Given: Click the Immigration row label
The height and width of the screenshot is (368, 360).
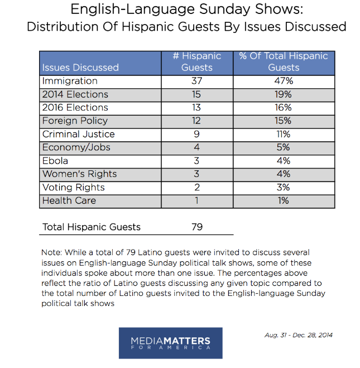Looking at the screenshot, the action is (70, 81).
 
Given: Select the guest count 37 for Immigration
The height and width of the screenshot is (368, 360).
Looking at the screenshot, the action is (196, 81).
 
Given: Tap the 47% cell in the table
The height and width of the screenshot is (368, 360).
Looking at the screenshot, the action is (284, 81).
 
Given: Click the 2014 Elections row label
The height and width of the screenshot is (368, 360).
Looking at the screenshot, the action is (75, 94).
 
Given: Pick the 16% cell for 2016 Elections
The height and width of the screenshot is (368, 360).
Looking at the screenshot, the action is (283, 107).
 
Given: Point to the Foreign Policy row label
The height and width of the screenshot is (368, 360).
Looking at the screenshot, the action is (75, 121).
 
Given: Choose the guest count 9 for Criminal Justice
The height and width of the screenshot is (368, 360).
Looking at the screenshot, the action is (196, 134).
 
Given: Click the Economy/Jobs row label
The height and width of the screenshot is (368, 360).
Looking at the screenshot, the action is (76, 147).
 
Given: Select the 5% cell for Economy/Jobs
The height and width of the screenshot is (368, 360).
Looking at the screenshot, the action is (283, 147).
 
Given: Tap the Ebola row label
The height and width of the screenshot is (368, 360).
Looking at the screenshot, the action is (55, 161).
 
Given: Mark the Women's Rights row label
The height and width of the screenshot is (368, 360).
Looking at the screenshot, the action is (79, 174).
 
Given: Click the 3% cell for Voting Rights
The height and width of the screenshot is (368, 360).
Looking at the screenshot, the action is (283, 187).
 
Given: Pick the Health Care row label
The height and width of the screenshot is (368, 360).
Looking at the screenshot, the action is (69, 200).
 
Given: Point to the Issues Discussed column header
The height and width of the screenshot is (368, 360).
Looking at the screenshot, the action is (80, 68).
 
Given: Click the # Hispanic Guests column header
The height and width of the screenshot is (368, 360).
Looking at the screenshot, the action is (197, 62).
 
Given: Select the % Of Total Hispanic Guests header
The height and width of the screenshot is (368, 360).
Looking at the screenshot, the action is (284, 62).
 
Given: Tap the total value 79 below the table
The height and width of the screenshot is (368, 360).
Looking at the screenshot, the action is (197, 227).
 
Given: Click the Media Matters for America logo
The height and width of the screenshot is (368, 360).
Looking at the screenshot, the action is (170, 343).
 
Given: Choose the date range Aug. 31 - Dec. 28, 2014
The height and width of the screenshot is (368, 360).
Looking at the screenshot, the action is (299, 335).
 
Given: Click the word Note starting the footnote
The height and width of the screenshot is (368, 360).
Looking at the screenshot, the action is (51, 252).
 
